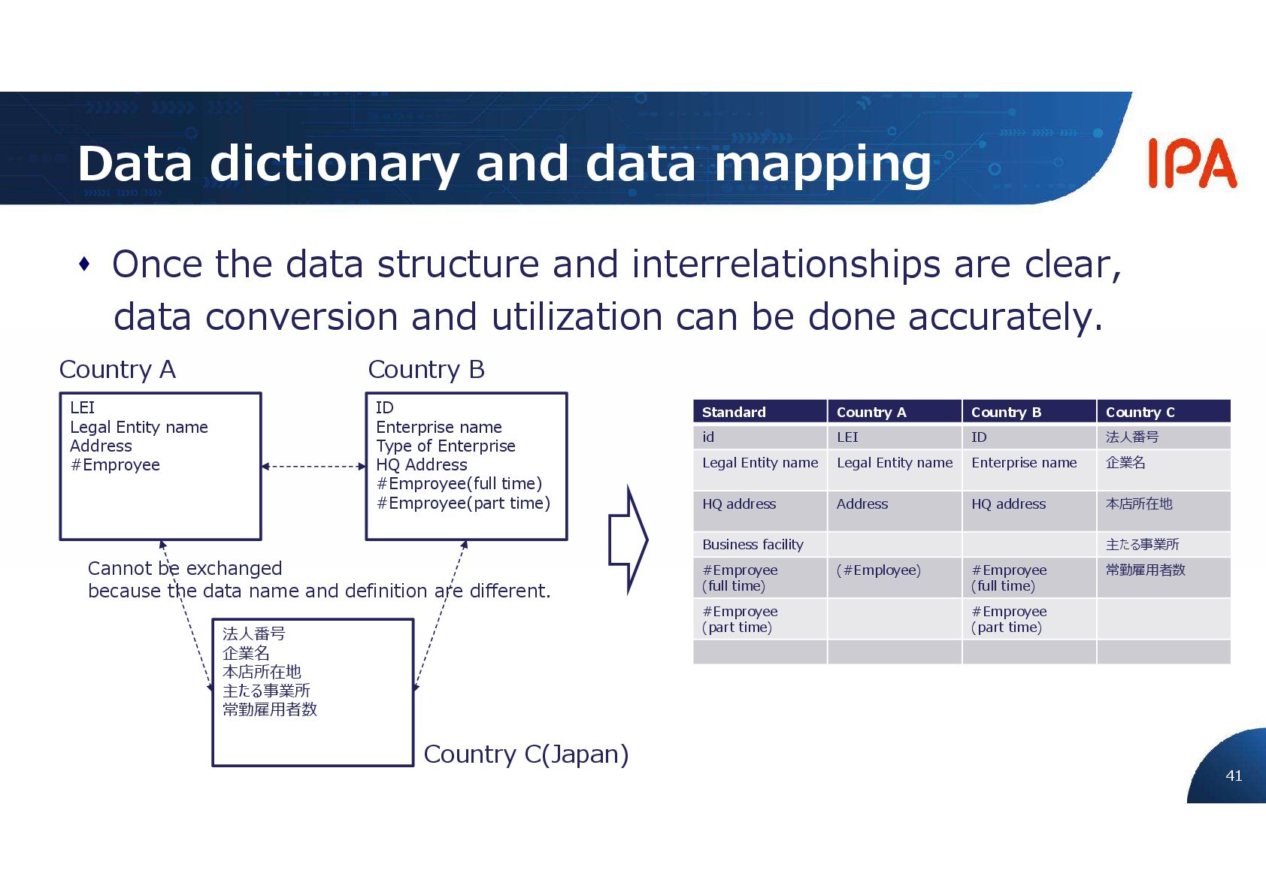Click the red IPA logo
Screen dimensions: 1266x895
[1192, 163]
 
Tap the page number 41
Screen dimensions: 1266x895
[1234, 776]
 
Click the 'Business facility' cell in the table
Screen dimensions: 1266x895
[753, 544]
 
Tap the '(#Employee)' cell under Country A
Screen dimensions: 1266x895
[878, 570]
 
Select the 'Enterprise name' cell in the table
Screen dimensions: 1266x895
[1024, 463]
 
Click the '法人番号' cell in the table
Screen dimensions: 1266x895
[1132, 437]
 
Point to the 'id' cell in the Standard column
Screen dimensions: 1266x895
[708, 437]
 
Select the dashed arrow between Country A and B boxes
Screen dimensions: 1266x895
[313, 467]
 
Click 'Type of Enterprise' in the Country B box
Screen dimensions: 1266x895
[445, 446]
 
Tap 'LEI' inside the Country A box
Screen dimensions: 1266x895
[82, 407]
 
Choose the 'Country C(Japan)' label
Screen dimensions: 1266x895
[525, 754]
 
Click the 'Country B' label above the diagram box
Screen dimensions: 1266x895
[426, 370]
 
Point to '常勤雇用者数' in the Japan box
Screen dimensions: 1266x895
[269, 709]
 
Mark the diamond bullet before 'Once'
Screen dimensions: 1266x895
[84, 265]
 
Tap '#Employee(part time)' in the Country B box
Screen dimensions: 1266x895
[463, 503]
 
